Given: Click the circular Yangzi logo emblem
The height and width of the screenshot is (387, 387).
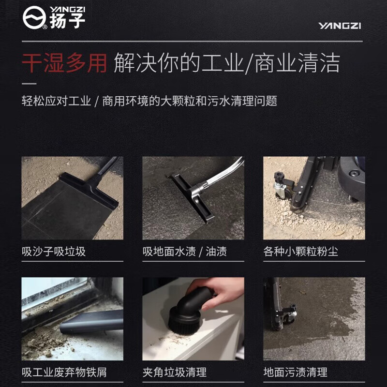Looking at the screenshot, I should [x=34, y=18].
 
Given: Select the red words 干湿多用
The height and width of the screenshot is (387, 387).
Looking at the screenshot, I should [x=64, y=63].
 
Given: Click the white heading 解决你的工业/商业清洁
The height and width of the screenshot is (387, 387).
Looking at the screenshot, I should [x=226, y=63].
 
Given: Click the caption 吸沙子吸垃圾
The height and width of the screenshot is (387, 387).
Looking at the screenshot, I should [x=54, y=252].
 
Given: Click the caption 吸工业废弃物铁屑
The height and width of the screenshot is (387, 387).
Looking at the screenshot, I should [x=64, y=372].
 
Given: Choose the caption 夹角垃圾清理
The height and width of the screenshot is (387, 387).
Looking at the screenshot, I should [x=174, y=372].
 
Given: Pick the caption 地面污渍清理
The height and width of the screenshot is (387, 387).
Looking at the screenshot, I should [x=295, y=372].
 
